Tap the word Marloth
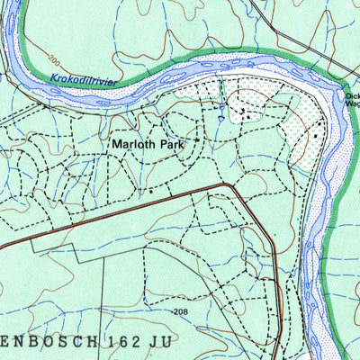pyautogui.click(x=130, y=143)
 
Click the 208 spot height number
pyautogui.click(x=180, y=311)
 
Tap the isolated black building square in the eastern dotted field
pyautogui.click(x=316, y=135)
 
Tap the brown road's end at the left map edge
pyautogui.click(x=3, y=246)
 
